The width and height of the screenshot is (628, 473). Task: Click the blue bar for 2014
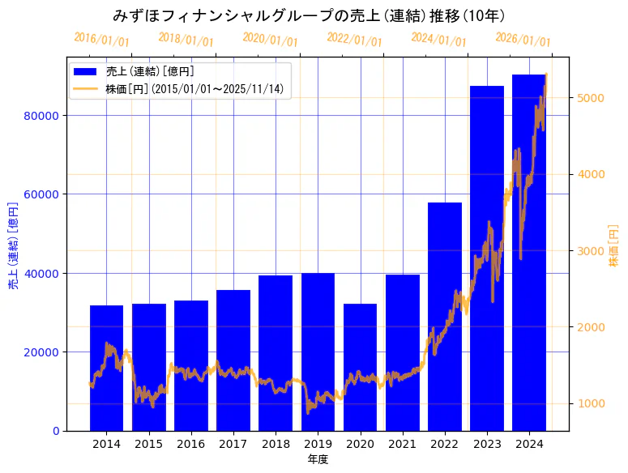tap(106, 368)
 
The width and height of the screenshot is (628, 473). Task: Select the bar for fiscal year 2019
tap(318, 352)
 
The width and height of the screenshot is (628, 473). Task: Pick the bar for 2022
tap(445, 316)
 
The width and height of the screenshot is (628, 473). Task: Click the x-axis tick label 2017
tap(233, 444)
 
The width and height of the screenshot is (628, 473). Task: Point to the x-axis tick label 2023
tap(487, 444)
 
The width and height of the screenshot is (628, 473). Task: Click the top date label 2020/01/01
tap(270, 39)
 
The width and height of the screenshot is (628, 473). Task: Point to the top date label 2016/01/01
tap(101, 39)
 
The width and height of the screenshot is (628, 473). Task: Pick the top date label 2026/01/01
tap(523, 39)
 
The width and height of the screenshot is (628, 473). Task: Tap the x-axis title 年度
tap(318, 460)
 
